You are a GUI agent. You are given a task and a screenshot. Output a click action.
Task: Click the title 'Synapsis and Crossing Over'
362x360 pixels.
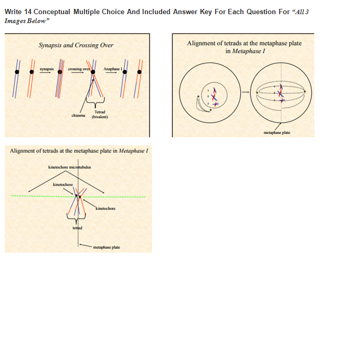pos(76,45)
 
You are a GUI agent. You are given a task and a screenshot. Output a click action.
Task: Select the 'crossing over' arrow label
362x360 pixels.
pos(78,69)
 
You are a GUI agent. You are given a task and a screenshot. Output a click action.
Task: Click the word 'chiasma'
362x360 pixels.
pos(78,115)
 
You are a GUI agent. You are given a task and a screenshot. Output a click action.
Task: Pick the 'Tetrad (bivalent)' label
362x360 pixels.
pos(100,115)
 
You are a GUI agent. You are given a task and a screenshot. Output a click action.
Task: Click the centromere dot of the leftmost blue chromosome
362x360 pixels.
pos(17,71)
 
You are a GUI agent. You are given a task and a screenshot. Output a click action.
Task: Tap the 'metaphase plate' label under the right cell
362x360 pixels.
pos(276,133)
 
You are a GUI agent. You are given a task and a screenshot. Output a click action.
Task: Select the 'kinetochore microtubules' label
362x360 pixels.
pos(69,167)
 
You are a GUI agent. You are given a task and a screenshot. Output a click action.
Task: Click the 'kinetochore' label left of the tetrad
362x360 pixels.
pos(63,184)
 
